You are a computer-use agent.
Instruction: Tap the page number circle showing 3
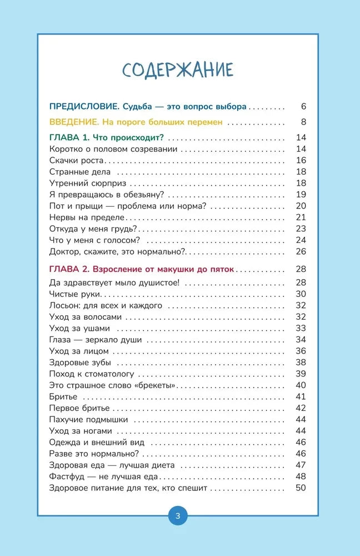(178, 515)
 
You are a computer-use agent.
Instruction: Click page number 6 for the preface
(303, 106)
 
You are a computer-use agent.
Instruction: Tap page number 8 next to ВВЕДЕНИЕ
(303, 122)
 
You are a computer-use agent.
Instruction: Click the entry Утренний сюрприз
(88, 183)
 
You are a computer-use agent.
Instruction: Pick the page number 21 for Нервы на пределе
(301, 217)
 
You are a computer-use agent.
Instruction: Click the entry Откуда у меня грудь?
(93, 229)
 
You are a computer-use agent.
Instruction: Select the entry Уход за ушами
(79, 328)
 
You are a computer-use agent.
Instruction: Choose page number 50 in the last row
(301, 488)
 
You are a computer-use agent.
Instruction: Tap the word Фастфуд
(67, 476)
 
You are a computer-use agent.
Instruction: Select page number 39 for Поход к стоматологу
(301, 374)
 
